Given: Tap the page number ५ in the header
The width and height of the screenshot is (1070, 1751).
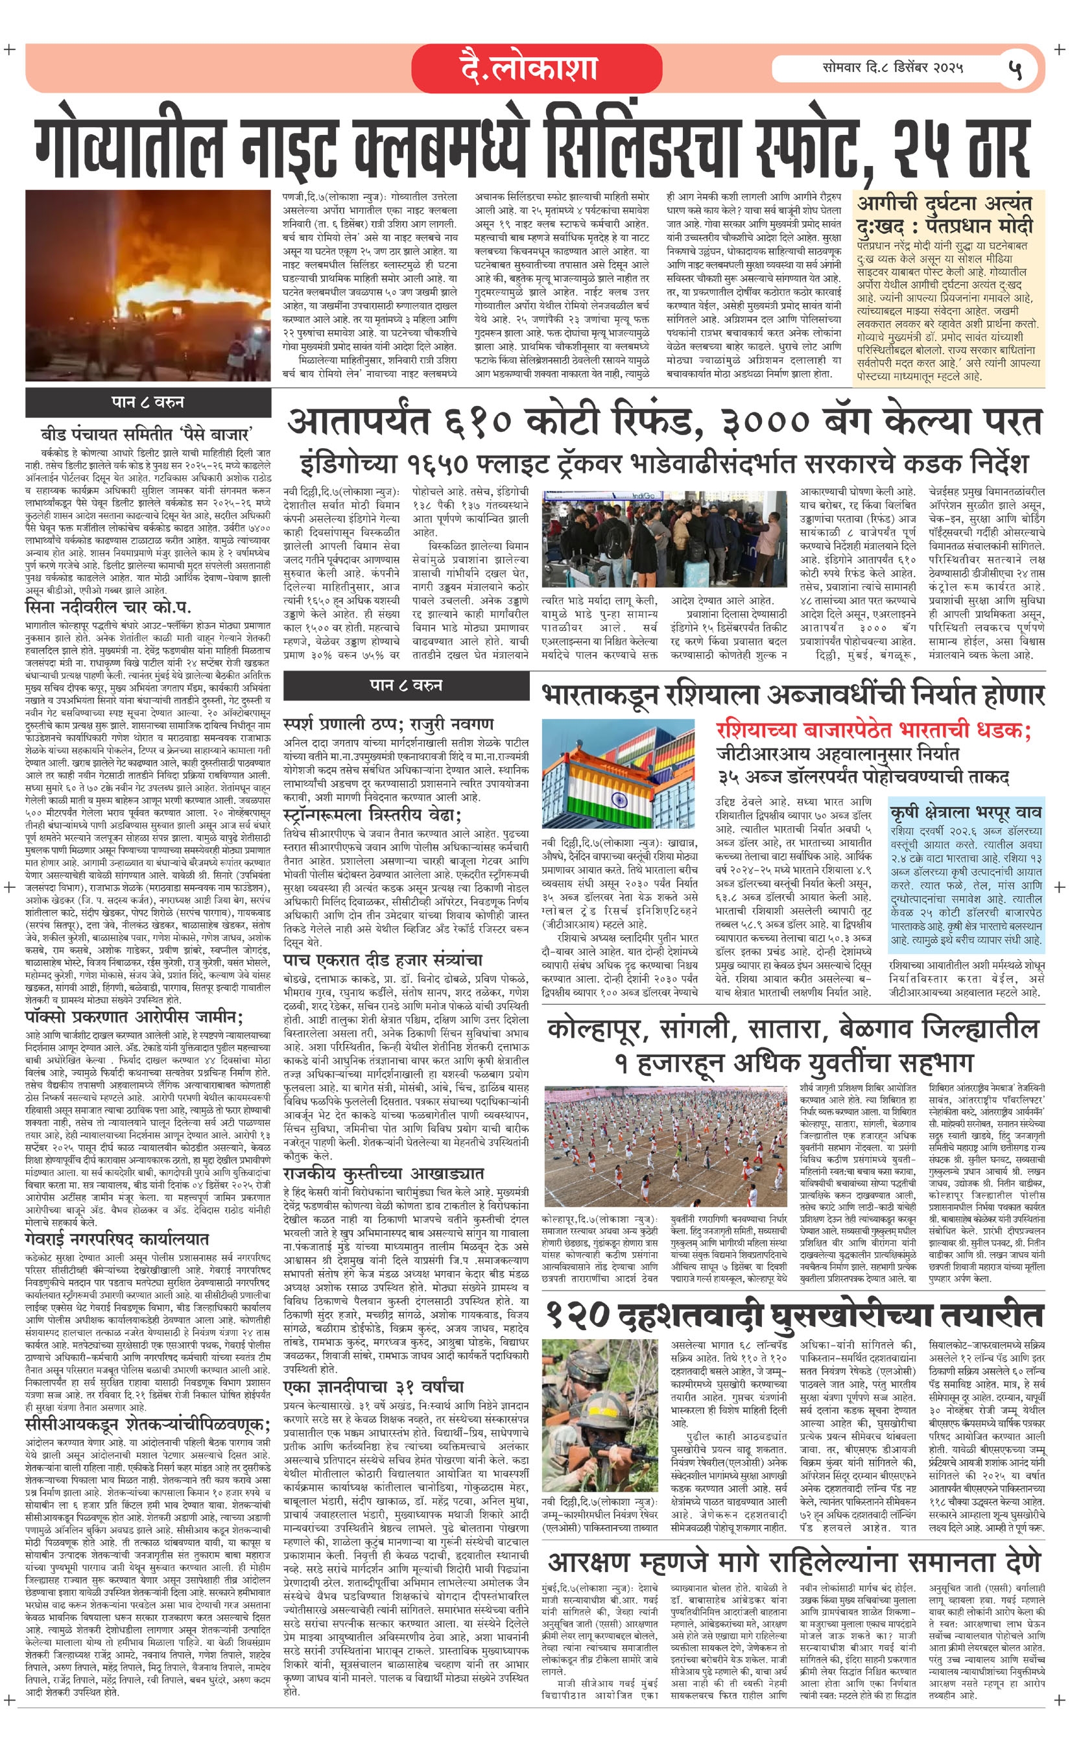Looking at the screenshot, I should pos(1015,69).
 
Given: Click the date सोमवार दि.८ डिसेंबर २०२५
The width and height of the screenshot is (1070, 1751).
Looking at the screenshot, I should pos(893,69).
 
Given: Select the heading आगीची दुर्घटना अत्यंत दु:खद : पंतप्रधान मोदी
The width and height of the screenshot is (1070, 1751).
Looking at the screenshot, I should pos(945,215).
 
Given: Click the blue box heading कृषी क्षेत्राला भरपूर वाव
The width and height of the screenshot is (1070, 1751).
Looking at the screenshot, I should pos(966,811).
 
